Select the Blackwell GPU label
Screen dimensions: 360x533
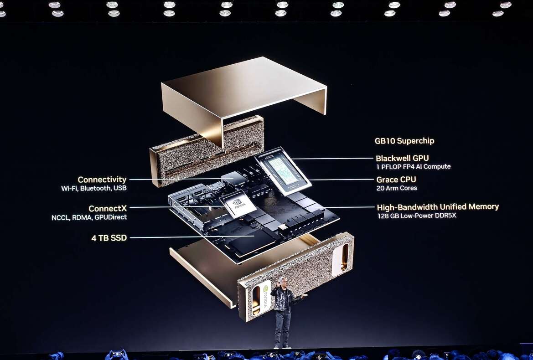coord(402,158)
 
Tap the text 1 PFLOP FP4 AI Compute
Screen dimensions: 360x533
coord(413,167)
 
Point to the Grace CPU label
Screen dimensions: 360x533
coord(396,180)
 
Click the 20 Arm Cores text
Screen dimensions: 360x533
coord(396,188)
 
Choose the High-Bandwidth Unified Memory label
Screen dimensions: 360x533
coord(438,207)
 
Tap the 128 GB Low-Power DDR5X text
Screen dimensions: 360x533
coord(416,215)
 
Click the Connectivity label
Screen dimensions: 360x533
coord(102,180)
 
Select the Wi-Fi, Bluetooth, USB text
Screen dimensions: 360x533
coord(94,188)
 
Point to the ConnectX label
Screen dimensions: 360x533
coord(108,209)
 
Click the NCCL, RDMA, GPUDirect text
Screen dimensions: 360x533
coord(89,217)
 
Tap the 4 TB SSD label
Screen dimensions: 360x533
coord(109,238)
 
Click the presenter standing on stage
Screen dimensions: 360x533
coord(284,312)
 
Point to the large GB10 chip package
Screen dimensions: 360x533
coord(283,170)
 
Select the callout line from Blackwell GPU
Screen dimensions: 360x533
coord(333,159)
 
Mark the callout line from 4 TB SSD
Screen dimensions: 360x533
coord(191,237)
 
